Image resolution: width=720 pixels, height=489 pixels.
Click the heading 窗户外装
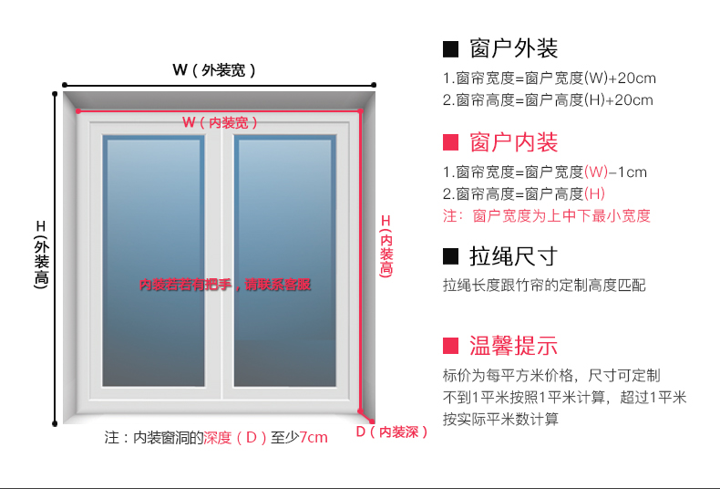(514, 48)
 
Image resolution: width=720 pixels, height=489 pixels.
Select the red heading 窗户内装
(514, 142)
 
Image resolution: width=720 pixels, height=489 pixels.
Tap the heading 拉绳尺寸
(514, 256)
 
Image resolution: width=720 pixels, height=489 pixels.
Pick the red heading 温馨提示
(514, 346)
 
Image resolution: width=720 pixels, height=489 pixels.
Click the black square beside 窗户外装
(450, 49)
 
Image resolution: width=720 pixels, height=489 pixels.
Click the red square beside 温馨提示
(450, 346)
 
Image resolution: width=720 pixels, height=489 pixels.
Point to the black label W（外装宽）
(214, 70)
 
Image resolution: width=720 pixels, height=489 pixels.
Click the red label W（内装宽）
(220, 122)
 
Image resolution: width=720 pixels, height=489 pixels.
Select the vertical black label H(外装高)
(41, 255)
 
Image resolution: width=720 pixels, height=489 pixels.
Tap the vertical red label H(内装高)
(386, 246)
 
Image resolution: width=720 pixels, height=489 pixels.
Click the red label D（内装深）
(392, 432)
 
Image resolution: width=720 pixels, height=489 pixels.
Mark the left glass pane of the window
(153, 261)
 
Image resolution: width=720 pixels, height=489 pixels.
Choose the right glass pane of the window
(285, 261)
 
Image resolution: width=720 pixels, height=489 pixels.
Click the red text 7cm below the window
(314, 437)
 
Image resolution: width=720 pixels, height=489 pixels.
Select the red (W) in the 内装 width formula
(596, 172)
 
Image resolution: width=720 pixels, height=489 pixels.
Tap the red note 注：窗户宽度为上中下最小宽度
(547, 215)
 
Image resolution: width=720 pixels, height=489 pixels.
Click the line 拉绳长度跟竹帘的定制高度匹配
(544, 286)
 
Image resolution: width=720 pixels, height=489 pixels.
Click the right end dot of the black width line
(374, 85)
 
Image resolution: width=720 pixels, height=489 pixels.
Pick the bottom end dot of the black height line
(55, 423)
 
